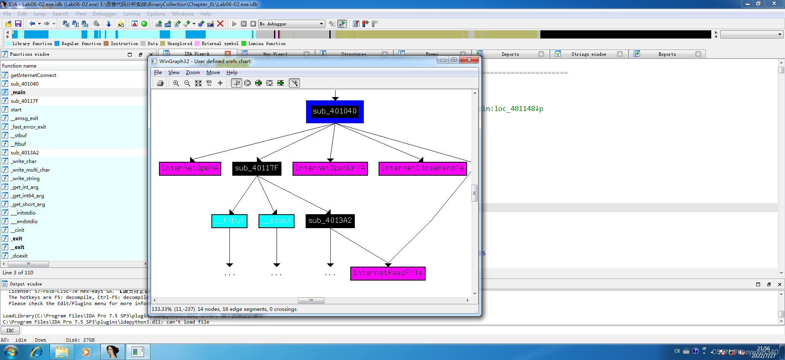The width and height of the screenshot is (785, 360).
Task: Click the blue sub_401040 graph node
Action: pyautogui.click(x=335, y=111)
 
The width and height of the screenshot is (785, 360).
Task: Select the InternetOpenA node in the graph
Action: pyautogui.click(x=190, y=168)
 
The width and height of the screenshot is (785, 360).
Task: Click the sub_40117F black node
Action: pyautogui.click(x=257, y=168)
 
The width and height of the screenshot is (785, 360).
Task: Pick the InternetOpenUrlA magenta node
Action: pyautogui.click(x=330, y=168)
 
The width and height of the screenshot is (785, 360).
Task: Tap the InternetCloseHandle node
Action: pyautogui.click(x=423, y=168)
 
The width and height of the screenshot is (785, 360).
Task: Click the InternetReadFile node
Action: pyautogui.click(x=388, y=273)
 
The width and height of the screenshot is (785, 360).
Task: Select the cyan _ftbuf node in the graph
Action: pyautogui.click(x=229, y=221)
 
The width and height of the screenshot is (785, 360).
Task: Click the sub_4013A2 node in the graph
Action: pyautogui.click(x=330, y=221)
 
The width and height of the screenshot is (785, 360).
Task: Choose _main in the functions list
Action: pyautogui.click(x=18, y=93)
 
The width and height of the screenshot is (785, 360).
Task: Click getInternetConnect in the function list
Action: pyautogui.click(x=34, y=75)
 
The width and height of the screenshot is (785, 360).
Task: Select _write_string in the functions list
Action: pyautogui.click(x=25, y=179)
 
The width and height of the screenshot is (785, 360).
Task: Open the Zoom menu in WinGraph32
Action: pyautogui.click(x=193, y=72)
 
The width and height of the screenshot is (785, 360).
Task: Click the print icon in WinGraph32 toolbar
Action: pyautogui.click(x=160, y=83)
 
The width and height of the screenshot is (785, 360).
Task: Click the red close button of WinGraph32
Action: pyautogui.click(x=470, y=60)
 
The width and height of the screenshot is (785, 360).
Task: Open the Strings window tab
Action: pyautogui.click(x=588, y=54)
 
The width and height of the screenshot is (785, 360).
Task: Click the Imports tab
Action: pyautogui.click(x=510, y=54)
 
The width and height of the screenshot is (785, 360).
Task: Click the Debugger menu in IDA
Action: pyautogui.click(x=104, y=14)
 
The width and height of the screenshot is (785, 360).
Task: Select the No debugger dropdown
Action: pyautogui.click(x=291, y=24)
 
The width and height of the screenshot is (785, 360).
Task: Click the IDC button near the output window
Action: pyautogui.click(x=10, y=331)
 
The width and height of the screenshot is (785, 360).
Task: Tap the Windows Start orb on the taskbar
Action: pyautogui.click(x=11, y=352)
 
